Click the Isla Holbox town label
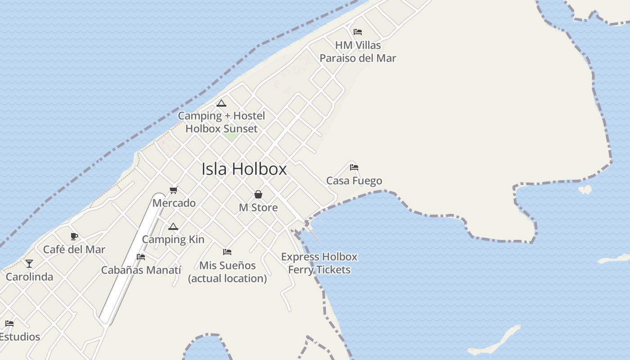[244, 169]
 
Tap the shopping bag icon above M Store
[258, 194]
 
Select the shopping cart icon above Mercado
[174, 190]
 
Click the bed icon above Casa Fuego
[354, 167]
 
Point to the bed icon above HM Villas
[358, 32]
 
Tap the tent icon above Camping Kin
[173, 227]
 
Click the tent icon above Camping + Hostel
[221, 103]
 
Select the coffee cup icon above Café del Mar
[74, 236]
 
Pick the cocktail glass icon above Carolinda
[29, 264]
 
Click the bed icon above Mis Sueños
[227, 252]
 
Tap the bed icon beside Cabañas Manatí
[141, 257]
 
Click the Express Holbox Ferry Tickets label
[319, 263]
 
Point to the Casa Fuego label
[354, 181]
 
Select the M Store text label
[258, 207]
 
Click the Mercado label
[174, 203]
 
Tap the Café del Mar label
[74, 249]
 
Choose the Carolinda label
[29, 277]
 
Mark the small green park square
[231, 135]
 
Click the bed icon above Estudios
[9, 324]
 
